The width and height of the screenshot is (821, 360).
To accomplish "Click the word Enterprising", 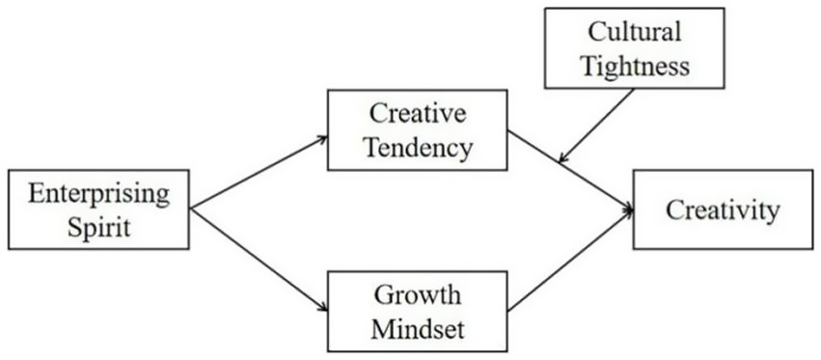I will pos(99,194).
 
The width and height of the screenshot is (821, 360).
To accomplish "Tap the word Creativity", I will pos(723,209).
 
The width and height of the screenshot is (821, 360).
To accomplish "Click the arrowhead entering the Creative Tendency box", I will pos(320,138).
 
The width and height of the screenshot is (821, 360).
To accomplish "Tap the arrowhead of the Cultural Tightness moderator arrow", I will pos(564,157).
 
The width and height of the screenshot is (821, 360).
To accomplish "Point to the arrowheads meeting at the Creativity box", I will pos(628,208).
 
